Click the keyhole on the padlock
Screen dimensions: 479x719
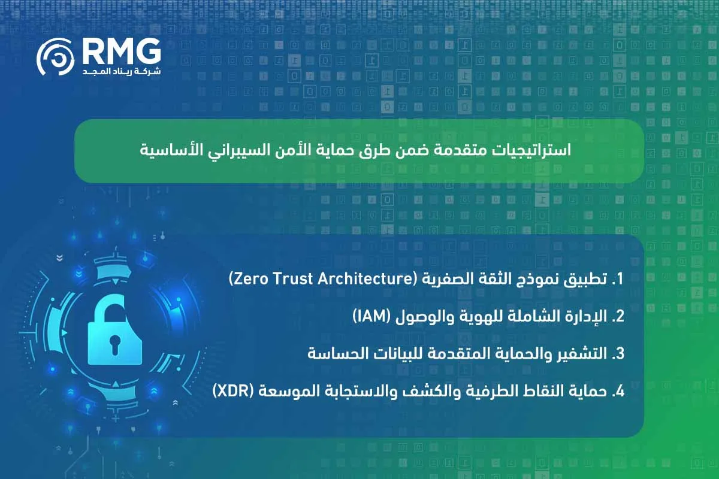click(x=114, y=343)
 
